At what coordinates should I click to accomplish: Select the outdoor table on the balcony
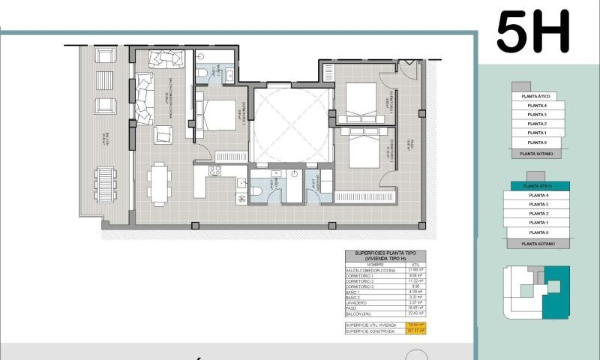coord(106,184)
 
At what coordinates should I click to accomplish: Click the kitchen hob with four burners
coord(214,170)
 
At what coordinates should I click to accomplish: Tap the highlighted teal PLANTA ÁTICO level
coord(535,185)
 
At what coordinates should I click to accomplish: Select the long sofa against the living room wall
coord(143,97)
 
